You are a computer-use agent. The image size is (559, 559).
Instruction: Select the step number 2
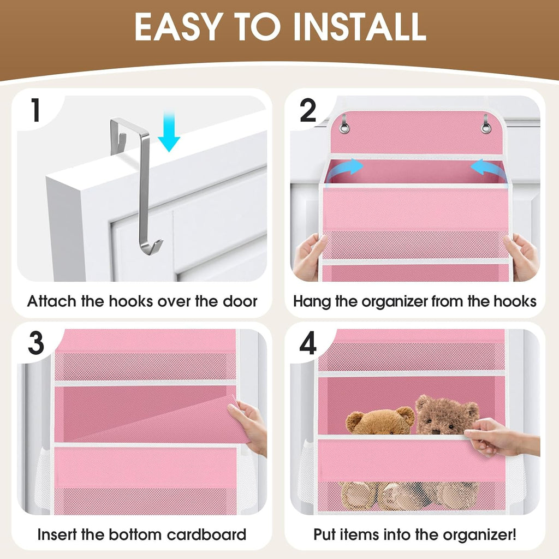coord(308,111)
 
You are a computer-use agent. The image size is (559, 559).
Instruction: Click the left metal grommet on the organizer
coord(345,128)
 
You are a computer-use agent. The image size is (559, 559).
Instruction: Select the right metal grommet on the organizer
coord(486,128)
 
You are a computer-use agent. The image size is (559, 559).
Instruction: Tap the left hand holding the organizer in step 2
coord(309,257)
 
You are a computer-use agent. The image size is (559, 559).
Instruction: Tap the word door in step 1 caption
coord(238,301)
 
